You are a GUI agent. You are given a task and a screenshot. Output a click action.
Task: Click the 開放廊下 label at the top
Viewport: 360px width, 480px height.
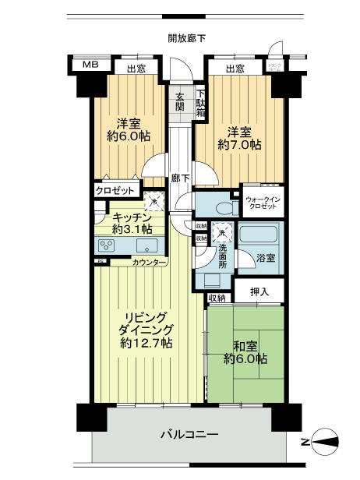pos(186,38)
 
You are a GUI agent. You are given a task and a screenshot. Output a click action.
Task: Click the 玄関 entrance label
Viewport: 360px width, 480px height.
pos(179,101)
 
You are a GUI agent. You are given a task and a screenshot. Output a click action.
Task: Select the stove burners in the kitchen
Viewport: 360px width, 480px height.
pos(107,246)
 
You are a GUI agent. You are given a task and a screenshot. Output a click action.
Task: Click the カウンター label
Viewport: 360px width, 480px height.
pos(148,263)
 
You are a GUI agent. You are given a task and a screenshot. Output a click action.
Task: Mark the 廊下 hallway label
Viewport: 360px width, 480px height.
pos(181,178)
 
